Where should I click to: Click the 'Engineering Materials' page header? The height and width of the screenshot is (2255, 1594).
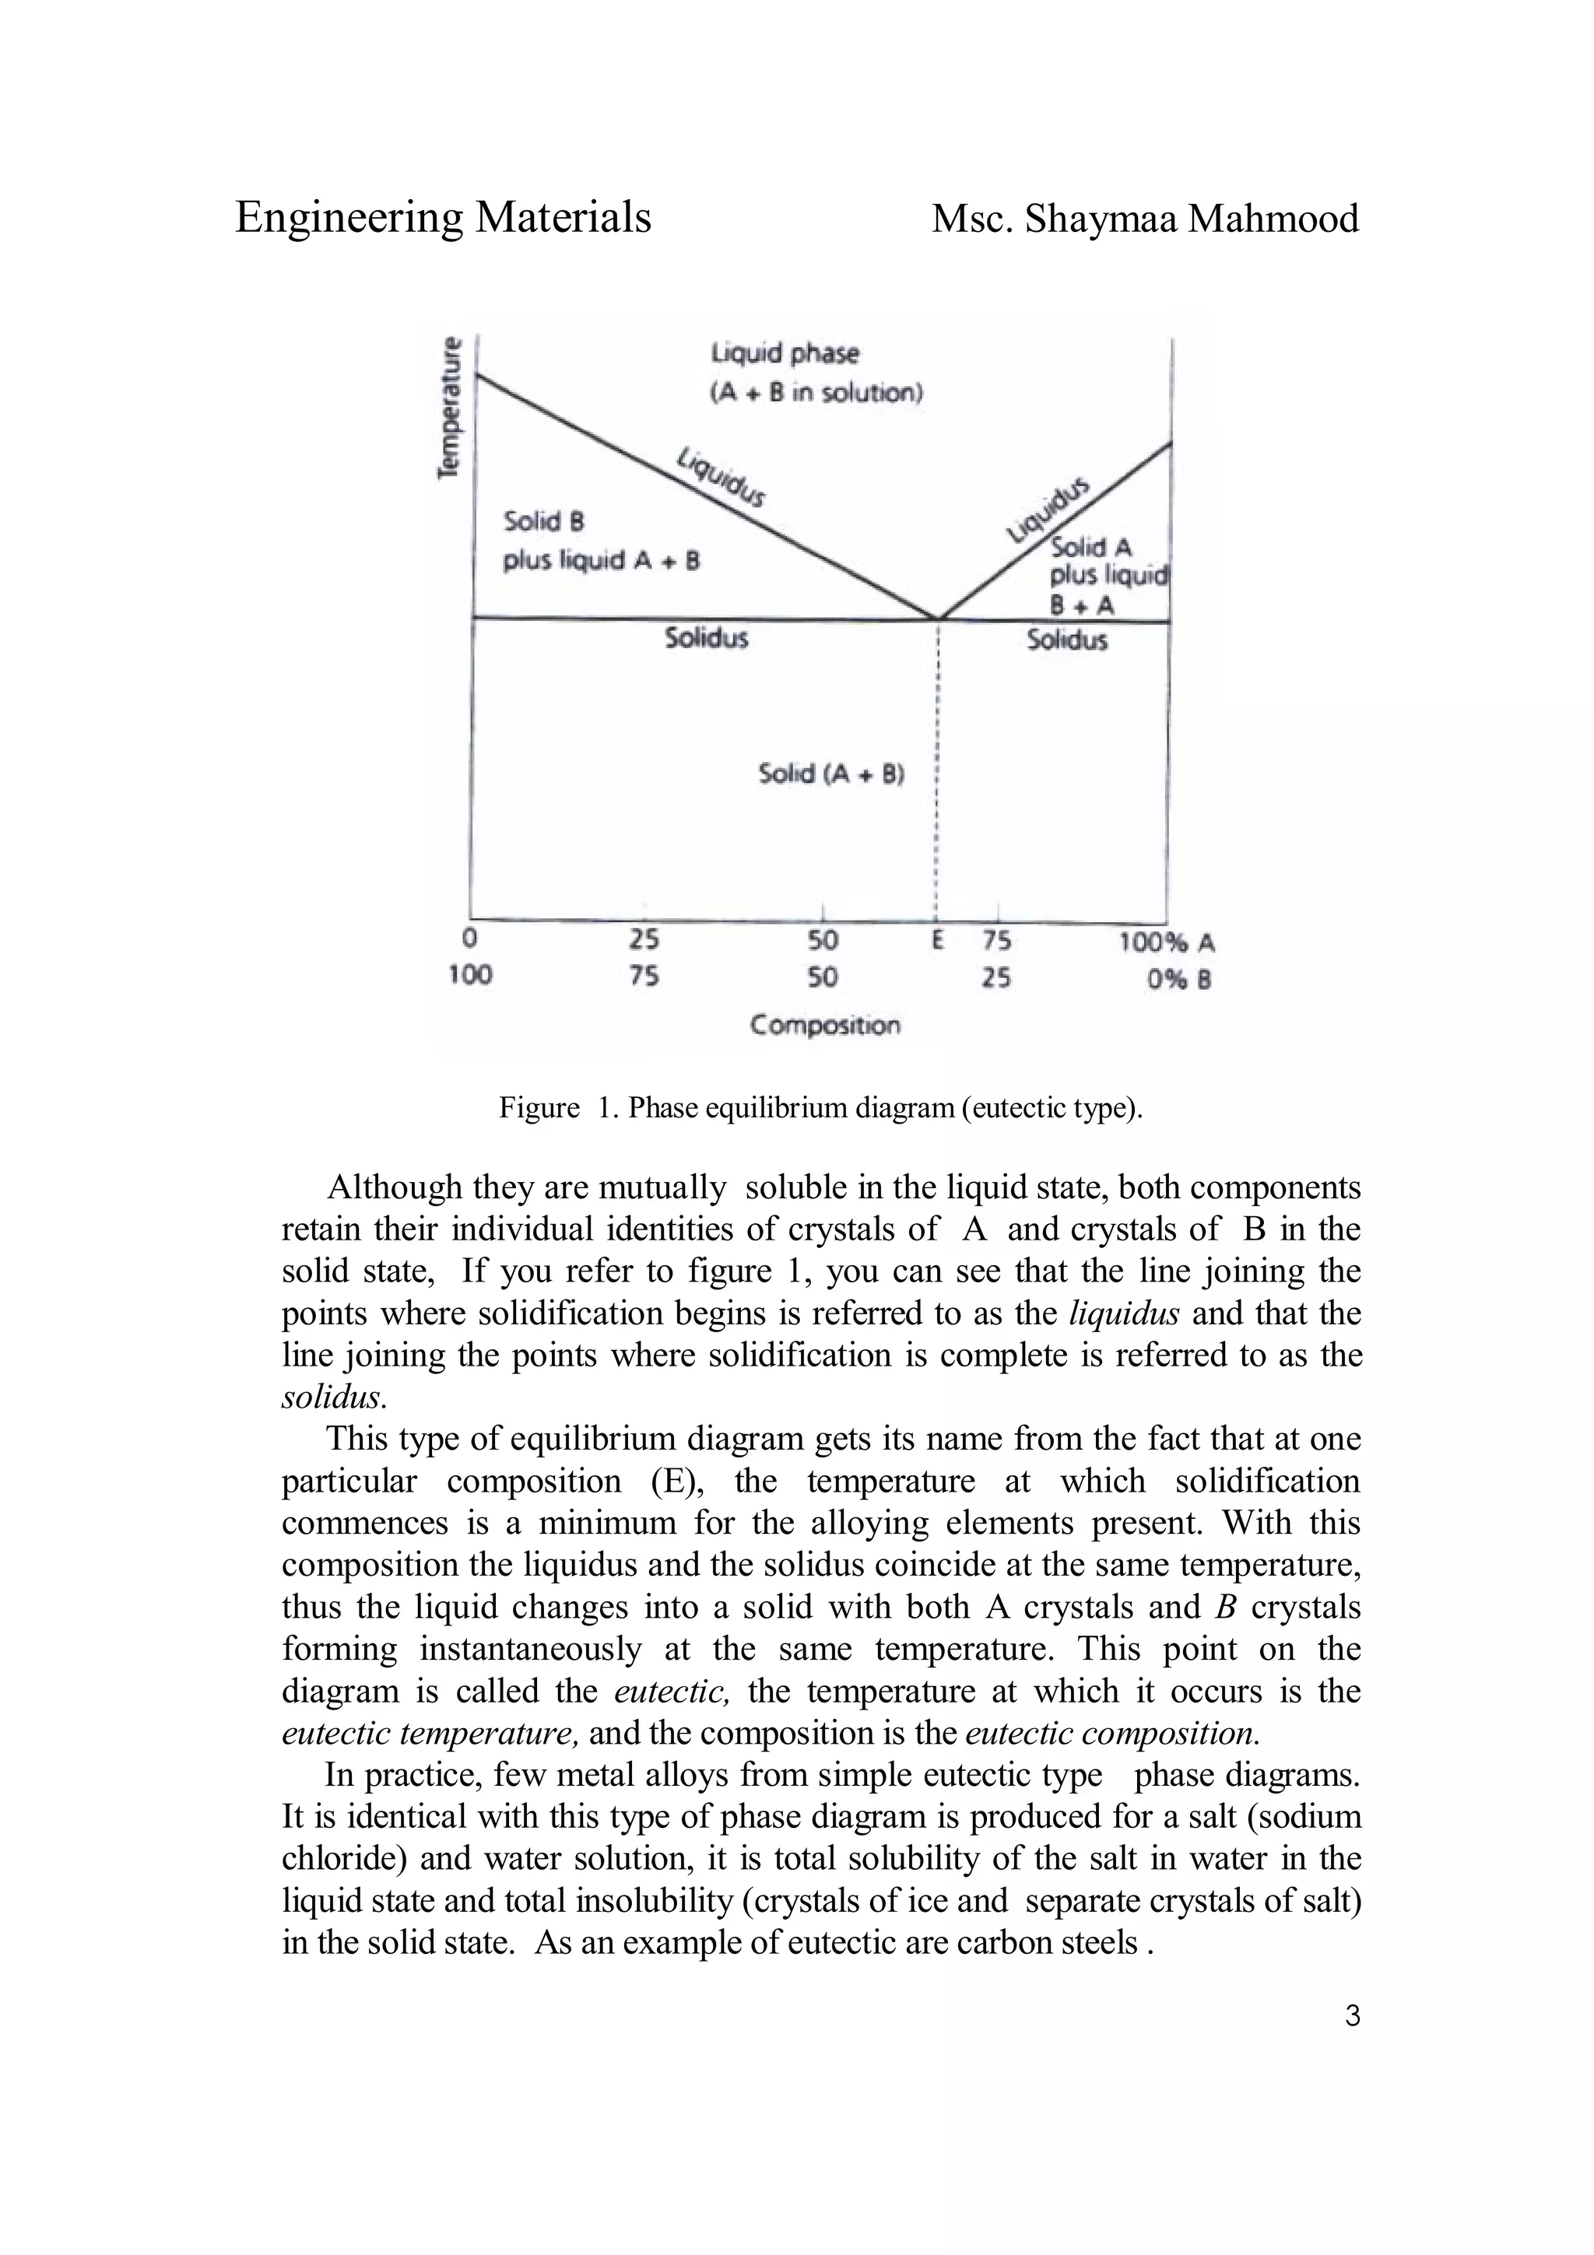(443, 217)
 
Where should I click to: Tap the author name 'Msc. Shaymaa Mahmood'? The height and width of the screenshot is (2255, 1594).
(1144, 218)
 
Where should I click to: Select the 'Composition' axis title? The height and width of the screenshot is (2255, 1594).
(824, 1026)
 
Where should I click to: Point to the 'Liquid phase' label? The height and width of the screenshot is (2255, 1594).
(784, 352)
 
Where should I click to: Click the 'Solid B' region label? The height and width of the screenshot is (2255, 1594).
(543, 521)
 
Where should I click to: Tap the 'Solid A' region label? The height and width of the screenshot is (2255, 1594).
(1091, 547)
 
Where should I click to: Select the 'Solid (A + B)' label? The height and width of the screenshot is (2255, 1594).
(831, 774)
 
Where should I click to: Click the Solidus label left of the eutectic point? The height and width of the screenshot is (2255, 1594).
(706, 638)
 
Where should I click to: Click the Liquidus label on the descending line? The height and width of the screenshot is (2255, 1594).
(722, 477)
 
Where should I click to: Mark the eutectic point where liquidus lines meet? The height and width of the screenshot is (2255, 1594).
(938, 619)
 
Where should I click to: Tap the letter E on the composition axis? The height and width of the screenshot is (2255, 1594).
(937, 941)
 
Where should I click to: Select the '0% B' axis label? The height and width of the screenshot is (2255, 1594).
(1178, 980)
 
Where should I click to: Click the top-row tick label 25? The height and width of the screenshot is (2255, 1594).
(644, 941)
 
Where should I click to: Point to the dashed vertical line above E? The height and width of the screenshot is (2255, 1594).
(938, 766)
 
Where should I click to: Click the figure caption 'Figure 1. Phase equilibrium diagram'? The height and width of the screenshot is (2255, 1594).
(821, 1108)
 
